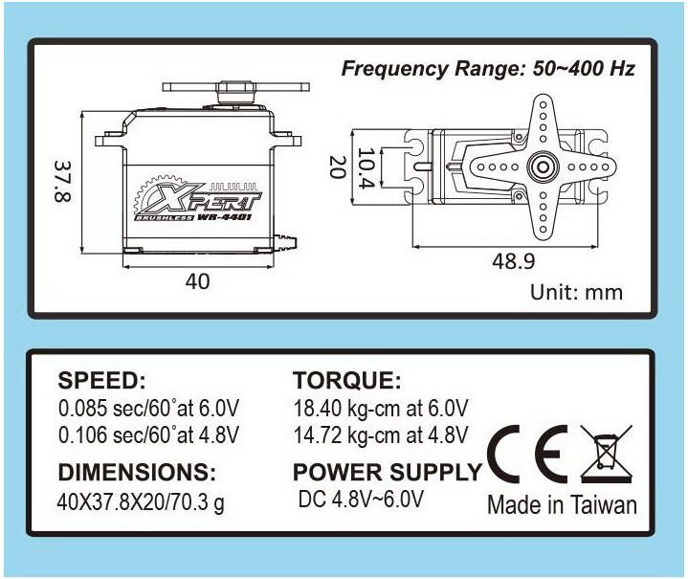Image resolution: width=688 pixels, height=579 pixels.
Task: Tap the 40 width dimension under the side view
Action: (197, 281)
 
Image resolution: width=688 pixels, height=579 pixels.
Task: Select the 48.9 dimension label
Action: (513, 261)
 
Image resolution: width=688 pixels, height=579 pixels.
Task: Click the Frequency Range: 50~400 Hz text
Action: (488, 69)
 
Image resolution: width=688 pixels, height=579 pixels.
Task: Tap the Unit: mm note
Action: (576, 292)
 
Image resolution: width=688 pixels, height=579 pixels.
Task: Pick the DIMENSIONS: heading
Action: (137, 472)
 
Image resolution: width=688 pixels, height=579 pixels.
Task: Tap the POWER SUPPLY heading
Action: (387, 472)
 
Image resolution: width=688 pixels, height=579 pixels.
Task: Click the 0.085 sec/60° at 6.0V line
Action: (148, 408)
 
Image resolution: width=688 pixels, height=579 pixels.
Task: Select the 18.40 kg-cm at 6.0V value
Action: (380, 408)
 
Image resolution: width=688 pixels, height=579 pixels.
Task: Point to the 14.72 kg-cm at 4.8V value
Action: (380, 436)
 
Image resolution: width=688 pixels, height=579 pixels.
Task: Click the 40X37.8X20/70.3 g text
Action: (142, 501)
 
